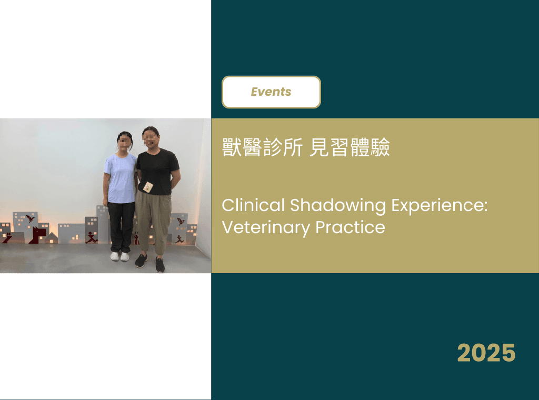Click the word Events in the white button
click(x=271, y=92)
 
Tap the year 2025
click(x=486, y=353)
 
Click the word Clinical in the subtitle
click(x=253, y=205)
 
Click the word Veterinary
click(x=266, y=228)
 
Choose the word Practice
click(x=350, y=227)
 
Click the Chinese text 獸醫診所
click(x=262, y=147)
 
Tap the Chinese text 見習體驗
click(x=350, y=147)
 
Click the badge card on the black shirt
click(x=148, y=187)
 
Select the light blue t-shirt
click(x=121, y=178)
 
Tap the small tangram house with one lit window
click(x=51, y=238)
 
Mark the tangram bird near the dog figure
click(x=30, y=218)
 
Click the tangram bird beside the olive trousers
click(x=181, y=221)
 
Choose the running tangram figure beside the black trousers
click(x=92, y=237)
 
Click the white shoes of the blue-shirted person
click(x=119, y=256)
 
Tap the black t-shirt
click(x=157, y=172)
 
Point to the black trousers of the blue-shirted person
click(x=121, y=227)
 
